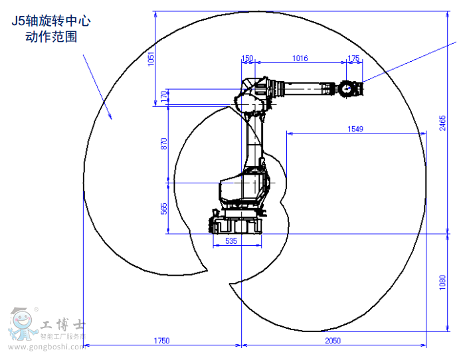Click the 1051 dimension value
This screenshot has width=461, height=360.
pyautogui.click(x=151, y=58)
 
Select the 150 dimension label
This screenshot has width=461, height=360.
pyautogui.click(x=247, y=58)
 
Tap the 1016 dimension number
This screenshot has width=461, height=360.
pyautogui.click(x=300, y=58)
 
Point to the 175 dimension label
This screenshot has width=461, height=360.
pyautogui.click(x=353, y=58)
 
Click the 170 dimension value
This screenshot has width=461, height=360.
pyautogui.click(x=164, y=96)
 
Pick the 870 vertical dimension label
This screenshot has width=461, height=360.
pyautogui.click(x=164, y=143)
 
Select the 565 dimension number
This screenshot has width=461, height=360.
pyautogui.click(x=164, y=209)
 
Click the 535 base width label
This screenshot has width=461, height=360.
pyautogui.click(x=231, y=241)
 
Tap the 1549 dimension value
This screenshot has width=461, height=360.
pyautogui.click(x=355, y=129)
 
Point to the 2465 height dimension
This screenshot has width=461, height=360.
pyautogui.click(x=442, y=123)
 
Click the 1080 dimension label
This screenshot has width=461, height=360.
pyautogui.click(x=442, y=282)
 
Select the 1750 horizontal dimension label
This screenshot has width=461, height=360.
pyautogui.click(x=161, y=340)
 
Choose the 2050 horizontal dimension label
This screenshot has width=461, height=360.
pyautogui.click(x=333, y=340)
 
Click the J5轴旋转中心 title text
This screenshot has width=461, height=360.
pyautogui.click(x=51, y=21)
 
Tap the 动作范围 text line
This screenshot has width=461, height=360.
pyautogui.click(x=51, y=37)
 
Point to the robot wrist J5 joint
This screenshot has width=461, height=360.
pyautogui.click(x=347, y=88)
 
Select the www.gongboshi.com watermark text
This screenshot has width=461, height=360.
pyautogui.click(x=47, y=347)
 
